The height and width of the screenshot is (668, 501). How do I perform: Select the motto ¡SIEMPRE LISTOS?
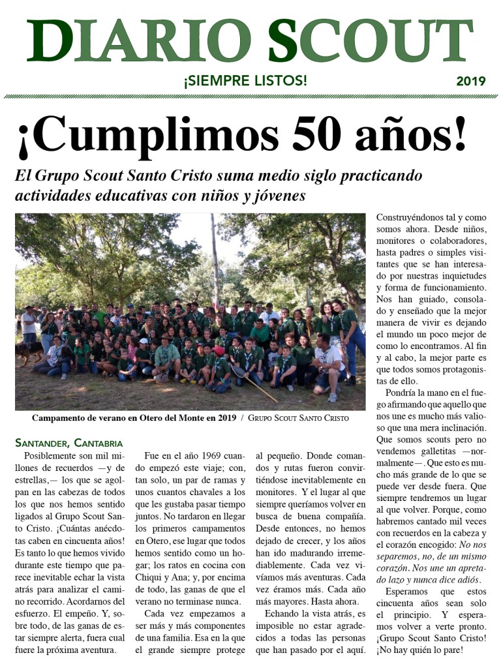coord(245,81)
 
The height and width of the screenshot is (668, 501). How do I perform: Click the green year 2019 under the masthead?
coord(470,82)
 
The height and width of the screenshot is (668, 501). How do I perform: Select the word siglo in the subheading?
coord(298,175)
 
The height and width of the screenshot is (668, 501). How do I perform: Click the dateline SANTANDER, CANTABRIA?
coord(69,443)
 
